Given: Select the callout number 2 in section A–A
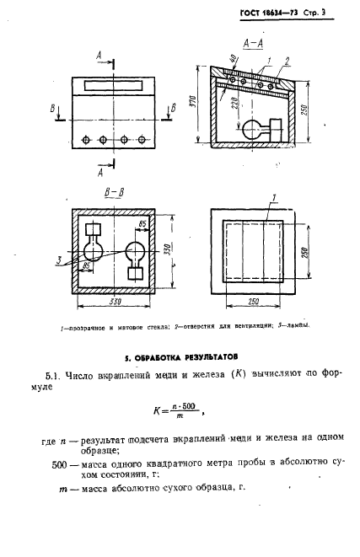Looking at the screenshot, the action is [287, 60].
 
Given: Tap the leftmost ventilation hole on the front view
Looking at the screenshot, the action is [82, 140].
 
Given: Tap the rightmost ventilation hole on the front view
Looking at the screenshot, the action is [145, 140].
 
